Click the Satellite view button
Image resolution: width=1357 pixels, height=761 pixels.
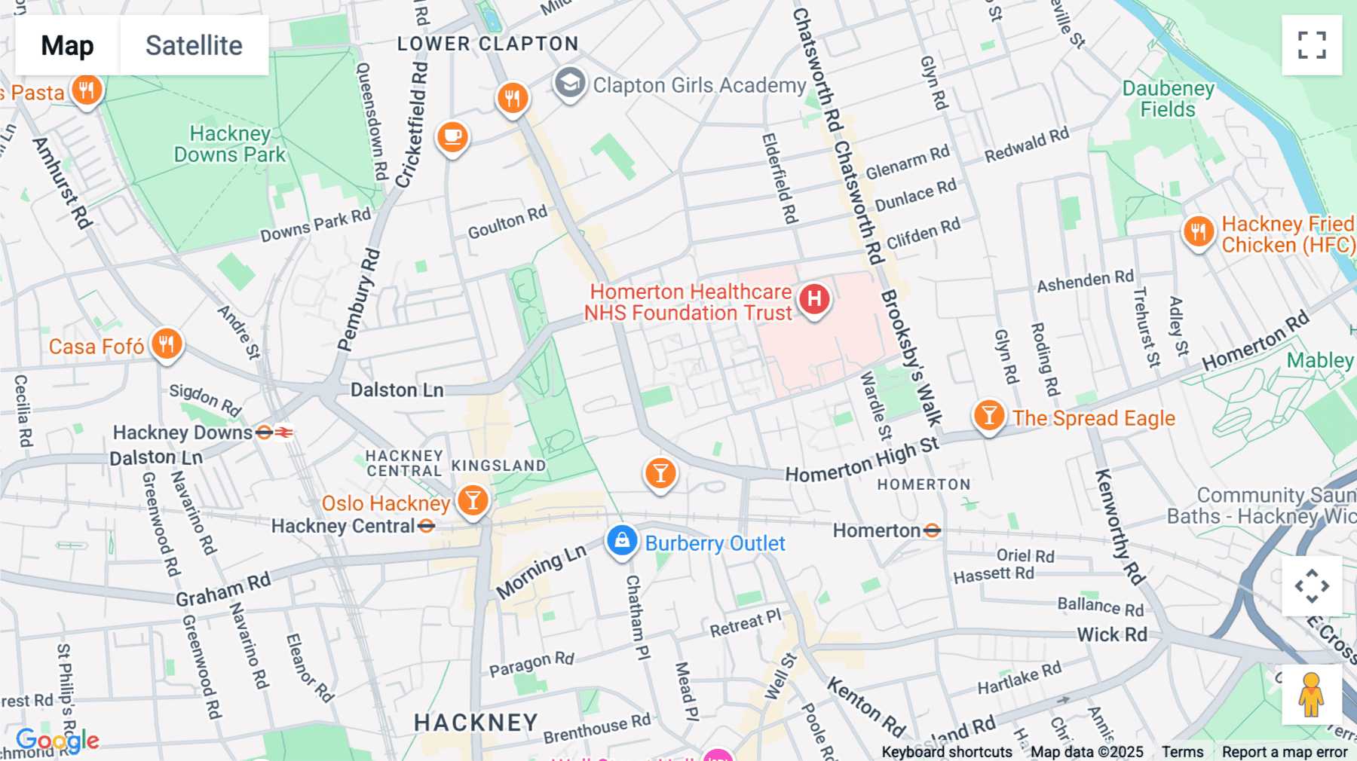click(194, 45)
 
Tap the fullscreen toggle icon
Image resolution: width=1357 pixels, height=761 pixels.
click(1312, 45)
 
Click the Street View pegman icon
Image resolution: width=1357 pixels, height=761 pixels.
click(1311, 695)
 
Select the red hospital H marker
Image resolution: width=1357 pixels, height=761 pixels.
click(814, 299)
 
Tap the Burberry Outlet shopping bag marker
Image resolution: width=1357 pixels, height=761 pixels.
click(622, 540)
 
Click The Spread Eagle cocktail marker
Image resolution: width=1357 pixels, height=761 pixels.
click(988, 414)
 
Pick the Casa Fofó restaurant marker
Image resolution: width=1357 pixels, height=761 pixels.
click(167, 344)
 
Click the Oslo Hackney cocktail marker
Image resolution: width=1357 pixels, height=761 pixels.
click(473, 500)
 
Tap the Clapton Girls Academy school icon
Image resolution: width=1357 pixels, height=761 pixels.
click(570, 83)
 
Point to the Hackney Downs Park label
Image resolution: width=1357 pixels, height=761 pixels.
click(230, 144)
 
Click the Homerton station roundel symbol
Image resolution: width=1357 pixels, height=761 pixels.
click(932, 530)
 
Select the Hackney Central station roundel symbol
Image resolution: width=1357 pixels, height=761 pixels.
click(426, 526)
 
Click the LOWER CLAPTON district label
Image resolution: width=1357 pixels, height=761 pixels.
click(488, 44)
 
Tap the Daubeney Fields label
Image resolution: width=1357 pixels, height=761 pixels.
click(1168, 99)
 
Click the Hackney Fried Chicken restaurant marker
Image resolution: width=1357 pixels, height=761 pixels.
click(1198, 231)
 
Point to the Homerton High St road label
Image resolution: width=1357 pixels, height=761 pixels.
click(862, 460)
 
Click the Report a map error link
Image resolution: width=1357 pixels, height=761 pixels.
click(1284, 751)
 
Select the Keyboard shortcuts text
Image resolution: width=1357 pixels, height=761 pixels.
click(946, 751)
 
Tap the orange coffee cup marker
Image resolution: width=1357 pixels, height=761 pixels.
click(452, 136)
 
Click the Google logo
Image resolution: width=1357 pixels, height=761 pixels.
click(57, 740)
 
